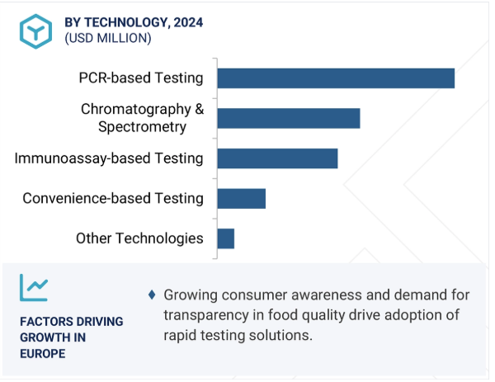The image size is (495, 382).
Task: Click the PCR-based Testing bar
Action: pyautogui.click(x=335, y=78)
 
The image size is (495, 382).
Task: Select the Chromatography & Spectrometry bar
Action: pyautogui.click(x=288, y=118)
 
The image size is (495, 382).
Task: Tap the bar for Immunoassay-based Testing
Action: pyautogui.click(x=277, y=158)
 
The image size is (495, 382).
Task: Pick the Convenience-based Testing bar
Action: pyautogui.click(x=241, y=198)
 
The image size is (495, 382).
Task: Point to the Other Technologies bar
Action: pyautogui.click(x=225, y=238)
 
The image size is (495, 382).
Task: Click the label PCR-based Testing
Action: pyautogui.click(x=140, y=78)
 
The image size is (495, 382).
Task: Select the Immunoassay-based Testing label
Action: pyautogui.click(x=109, y=158)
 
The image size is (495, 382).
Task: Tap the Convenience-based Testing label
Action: pyautogui.click(x=113, y=198)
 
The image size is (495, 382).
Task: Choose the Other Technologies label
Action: pyautogui.click(x=139, y=238)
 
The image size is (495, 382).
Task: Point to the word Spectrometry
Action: pyautogui.click(x=142, y=127)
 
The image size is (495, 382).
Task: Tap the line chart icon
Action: pyautogui.click(x=34, y=286)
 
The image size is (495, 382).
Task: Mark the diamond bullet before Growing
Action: pyautogui.click(x=152, y=295)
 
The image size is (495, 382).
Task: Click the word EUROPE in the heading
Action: pyautogui.click(x=43, y=354)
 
